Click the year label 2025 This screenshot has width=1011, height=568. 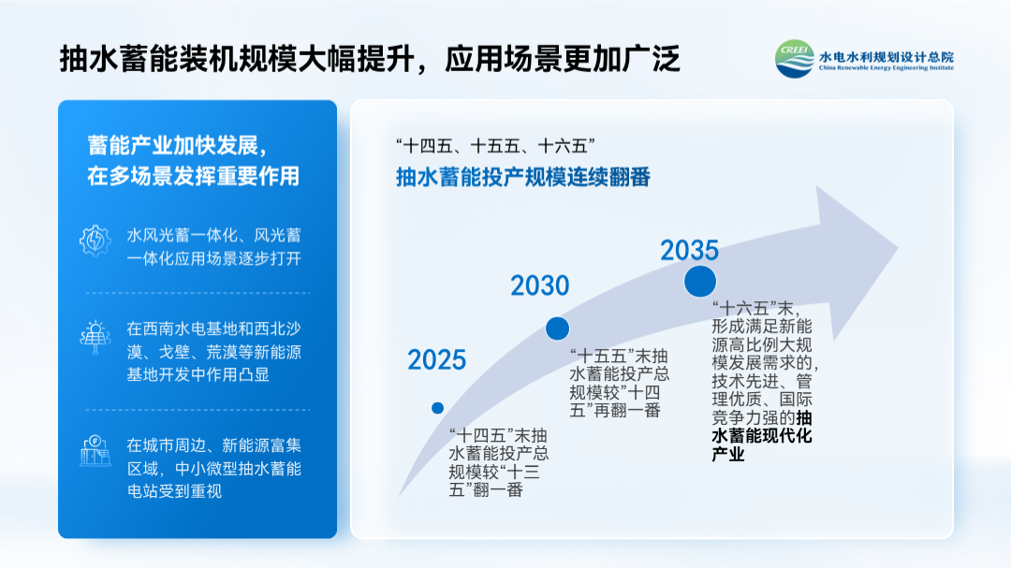436,359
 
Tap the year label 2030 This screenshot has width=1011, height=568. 540,285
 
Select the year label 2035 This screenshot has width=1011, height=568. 689,250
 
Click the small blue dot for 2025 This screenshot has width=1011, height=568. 438,408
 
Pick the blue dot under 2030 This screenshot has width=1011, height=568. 557,328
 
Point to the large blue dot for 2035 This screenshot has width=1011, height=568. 699,281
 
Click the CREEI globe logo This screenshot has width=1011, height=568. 795,59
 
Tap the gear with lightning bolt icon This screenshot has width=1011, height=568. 95,241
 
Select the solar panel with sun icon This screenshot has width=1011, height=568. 95,338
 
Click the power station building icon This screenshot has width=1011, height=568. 95,451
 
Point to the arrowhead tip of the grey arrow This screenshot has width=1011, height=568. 898,247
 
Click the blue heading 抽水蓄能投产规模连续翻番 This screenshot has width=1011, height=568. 523,177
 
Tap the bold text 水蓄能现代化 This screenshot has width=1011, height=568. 761,436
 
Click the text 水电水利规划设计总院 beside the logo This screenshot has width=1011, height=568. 886,56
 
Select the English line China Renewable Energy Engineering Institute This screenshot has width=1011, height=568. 886,67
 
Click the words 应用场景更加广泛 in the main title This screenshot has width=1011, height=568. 563,59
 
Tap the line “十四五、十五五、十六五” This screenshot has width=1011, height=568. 495,146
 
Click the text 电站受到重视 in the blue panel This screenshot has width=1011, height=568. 174,491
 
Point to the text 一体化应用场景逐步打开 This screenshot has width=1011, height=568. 213,258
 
